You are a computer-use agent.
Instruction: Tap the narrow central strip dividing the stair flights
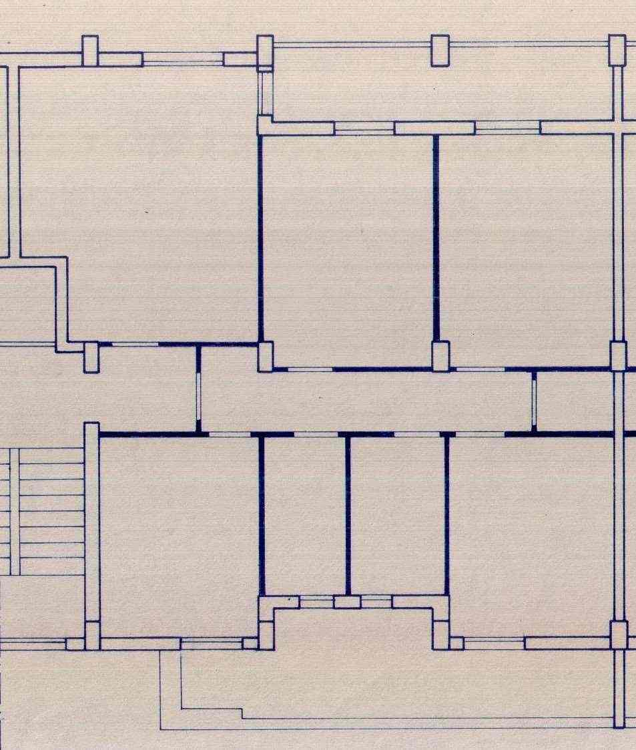[15, 511]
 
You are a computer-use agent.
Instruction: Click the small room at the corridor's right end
[574, 401]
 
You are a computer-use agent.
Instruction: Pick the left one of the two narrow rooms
[304, 514]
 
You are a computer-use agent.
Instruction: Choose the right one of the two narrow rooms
[397, 514]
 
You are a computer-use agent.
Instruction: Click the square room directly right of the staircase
[179, 534]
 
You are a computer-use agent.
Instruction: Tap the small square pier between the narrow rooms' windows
[347, 602]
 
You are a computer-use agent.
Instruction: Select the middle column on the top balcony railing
[440, 51]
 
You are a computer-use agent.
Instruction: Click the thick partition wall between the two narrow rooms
[348, 514]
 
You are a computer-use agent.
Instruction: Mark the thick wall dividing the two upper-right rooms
[436, 240]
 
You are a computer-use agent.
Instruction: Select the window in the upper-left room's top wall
[182, 59]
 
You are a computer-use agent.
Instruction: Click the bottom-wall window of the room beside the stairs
[211, 644]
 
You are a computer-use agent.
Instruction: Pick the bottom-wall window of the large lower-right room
[494, 644]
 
